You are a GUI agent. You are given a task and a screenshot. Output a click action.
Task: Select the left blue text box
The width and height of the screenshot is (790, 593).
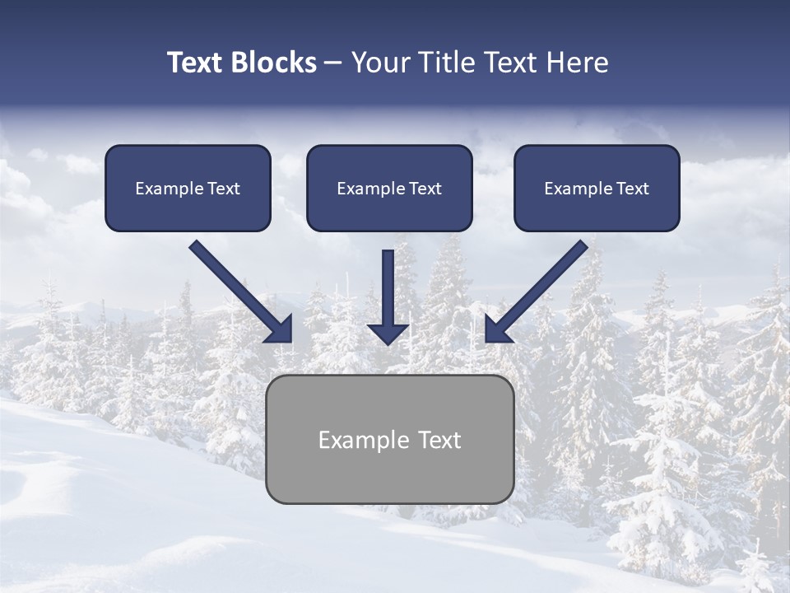click(x=188, y=188)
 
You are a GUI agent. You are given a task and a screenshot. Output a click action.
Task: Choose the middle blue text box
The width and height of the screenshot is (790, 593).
click(x=389, y=188)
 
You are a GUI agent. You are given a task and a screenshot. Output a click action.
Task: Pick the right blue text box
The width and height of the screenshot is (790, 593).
click(x=597, y=188)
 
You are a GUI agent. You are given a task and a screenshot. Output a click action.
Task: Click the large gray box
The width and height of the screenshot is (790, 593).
click(x=389, y=439)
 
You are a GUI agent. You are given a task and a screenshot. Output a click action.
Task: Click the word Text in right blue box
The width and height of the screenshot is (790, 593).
click(x=633, y=189)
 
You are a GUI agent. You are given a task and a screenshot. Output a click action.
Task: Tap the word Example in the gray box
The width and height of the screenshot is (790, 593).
click(x=364, y=441)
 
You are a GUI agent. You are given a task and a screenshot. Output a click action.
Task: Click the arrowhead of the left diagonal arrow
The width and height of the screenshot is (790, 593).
click(x=280, y=329)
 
